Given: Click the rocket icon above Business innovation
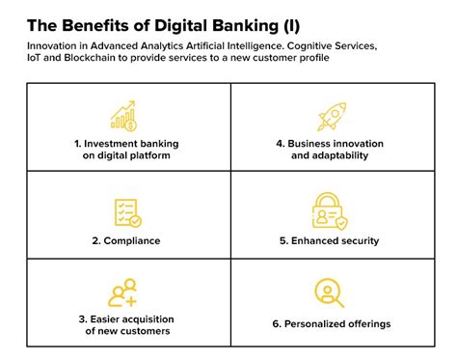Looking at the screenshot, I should pos(331,116).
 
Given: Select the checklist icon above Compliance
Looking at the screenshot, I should pos(126,211).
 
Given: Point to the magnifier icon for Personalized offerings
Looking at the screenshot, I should pos(330,293).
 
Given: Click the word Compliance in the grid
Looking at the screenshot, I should pos(133,241).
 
